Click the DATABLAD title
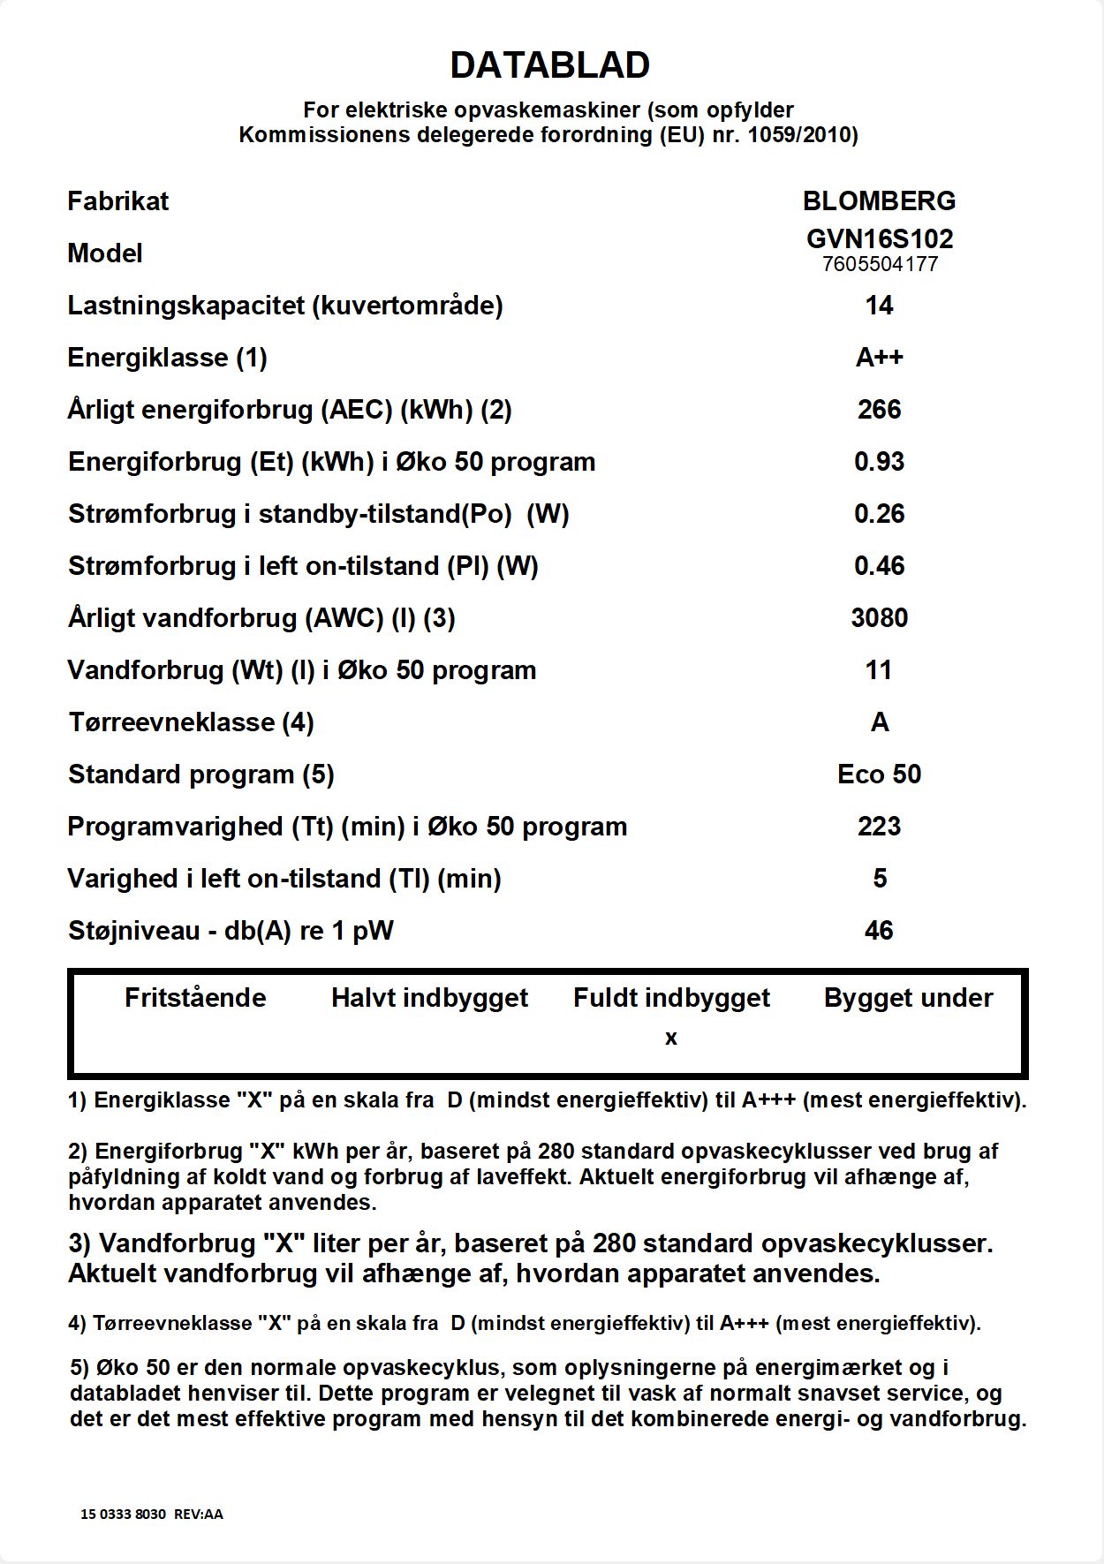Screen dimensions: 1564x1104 550,64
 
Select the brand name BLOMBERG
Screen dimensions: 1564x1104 879,201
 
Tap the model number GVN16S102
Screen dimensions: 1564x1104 879,238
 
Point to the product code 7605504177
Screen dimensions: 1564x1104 879,264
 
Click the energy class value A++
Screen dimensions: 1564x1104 879,358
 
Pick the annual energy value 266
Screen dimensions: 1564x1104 879,410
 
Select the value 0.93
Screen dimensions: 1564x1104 879,462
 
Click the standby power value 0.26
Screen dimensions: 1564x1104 879,514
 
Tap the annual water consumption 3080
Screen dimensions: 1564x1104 879,618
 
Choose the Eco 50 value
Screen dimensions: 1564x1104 879,774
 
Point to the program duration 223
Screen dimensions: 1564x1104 879,827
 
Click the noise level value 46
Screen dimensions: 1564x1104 879,931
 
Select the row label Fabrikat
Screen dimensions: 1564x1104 117,201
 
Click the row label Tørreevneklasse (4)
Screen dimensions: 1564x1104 191,722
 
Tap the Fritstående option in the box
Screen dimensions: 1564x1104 195,998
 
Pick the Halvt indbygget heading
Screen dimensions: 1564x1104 429,998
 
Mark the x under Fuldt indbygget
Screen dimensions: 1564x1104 671,1039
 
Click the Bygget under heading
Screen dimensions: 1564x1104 908,998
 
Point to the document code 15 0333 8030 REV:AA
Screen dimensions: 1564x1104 152,1514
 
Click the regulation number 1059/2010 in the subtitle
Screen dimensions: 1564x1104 799,135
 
